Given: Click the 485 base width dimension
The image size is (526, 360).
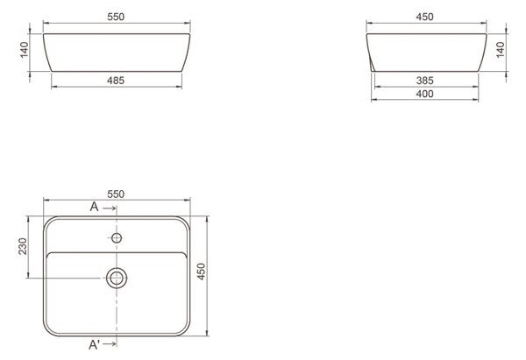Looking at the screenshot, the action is (x=116, y=81).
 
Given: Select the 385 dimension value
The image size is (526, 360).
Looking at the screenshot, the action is (x=424, y=81).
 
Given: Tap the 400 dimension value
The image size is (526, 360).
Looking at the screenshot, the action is (x=424, y=94).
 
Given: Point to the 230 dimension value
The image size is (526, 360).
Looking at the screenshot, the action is (x=23, y=246).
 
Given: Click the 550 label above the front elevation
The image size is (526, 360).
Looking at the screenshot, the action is (x=116, y=17).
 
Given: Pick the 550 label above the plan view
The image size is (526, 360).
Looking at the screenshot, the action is (x=116, y=194).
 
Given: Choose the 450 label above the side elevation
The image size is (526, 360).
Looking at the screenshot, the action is (x=424, y=17).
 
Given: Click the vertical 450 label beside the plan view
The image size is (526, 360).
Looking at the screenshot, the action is (x=201, y=272).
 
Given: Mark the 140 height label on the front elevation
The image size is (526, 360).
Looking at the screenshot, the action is (x=25, y=50).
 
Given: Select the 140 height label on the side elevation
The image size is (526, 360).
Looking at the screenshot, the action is (x=501, y=50).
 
